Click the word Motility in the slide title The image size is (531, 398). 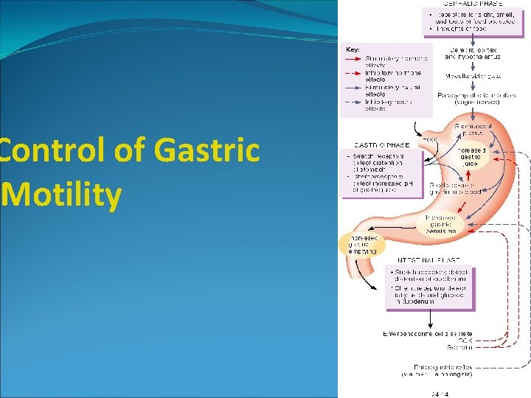63,195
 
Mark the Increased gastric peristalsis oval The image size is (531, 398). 440,225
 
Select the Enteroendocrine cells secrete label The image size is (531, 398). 427,334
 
